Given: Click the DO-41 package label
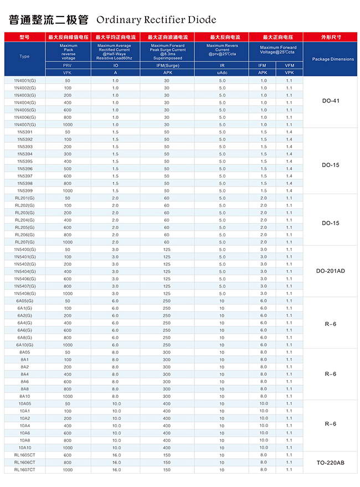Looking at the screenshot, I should coord(330,101).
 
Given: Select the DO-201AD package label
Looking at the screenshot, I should coord(330,271).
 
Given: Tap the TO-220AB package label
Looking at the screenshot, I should coord(330,462).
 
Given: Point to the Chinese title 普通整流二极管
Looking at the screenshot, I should coord(49,20).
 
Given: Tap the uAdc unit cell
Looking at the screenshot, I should coord(222,72).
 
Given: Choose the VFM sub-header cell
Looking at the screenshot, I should coord(289,65).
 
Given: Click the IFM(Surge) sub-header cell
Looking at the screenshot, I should coord(167,65).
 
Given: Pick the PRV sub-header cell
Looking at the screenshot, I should coord(67,65).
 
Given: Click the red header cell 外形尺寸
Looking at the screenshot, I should coord(331,37).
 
